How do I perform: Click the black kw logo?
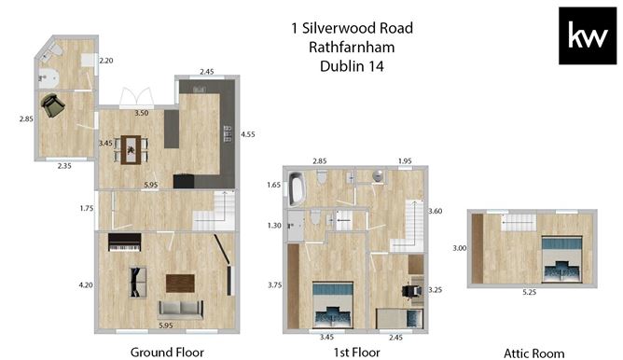(588, 35)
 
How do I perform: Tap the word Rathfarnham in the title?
(352, 48)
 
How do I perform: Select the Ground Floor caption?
(167, 352)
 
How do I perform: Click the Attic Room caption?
(534, 353)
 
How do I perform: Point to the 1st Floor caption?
(356, 352)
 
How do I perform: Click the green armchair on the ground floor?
(52, 104)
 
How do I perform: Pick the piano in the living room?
(125, 242)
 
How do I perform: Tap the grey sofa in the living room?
(181, 310)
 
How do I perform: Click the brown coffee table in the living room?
(180, 283)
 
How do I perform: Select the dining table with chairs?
(132, 150)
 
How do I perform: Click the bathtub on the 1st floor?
(296, 188)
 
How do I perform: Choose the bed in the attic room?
(561, 259)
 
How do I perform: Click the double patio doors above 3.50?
(137, 97)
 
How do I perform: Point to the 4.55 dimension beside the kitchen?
(247, 134)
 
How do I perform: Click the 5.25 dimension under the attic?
(529, 292)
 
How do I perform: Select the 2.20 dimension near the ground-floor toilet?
(106, 61)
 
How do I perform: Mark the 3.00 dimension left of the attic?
(459, 248)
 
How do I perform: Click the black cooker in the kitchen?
(184, 181)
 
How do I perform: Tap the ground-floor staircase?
(215, 211)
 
